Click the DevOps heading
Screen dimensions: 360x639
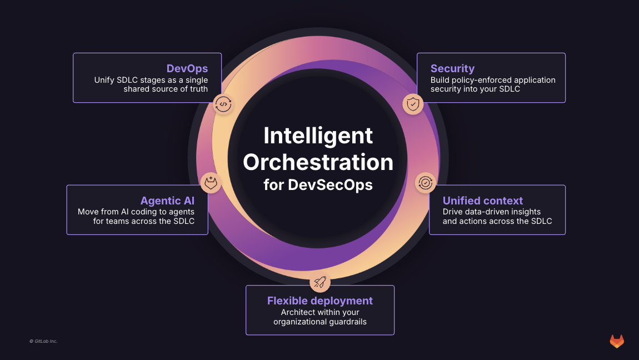(187, 69)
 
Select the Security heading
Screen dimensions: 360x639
(452, 69)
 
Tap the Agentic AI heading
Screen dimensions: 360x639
(167, 201)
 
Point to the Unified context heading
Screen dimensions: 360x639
(483, 201)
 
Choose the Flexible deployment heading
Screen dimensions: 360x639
(319, 301)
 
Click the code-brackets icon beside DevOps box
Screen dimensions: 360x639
(223, 104)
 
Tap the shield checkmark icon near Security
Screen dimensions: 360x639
(413, 104)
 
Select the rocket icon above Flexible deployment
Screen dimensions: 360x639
(319, 282)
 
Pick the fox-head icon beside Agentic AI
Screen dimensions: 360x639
(211, 182)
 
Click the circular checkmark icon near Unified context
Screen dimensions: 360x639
(426, 182)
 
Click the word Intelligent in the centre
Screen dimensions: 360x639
(318, 136)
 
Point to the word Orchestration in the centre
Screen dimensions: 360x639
(318, 162)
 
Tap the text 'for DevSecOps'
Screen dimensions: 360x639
(318, 185)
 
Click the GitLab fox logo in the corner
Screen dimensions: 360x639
(617, 341)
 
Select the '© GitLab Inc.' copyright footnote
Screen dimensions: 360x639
(43, 341)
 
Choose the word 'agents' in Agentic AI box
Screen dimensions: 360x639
(181, 212)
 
